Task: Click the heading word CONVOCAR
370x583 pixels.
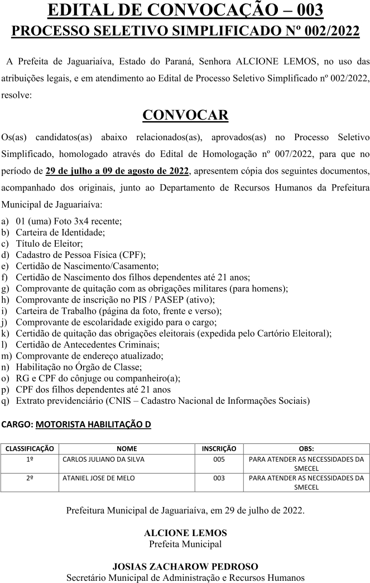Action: [x=185, y=115]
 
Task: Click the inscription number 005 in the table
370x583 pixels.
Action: [x=219, y=459]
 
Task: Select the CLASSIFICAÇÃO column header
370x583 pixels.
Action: [x=30, y=448]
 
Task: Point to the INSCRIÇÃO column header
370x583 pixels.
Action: [x=219, y=448]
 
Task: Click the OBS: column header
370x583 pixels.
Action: [x=306, y=448]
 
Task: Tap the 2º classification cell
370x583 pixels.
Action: [x=30, y=478]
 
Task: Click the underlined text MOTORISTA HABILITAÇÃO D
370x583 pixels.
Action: [x=93, y=424]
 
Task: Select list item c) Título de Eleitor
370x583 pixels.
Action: [x=49, y=243]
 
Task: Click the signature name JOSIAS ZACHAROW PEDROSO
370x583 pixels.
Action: [x=185, y=566]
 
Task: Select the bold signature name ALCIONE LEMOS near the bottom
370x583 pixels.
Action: [x=185, y=533]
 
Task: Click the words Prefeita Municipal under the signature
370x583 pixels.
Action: [x=185, y=543]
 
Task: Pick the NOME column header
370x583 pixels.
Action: [x=127, y=448]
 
